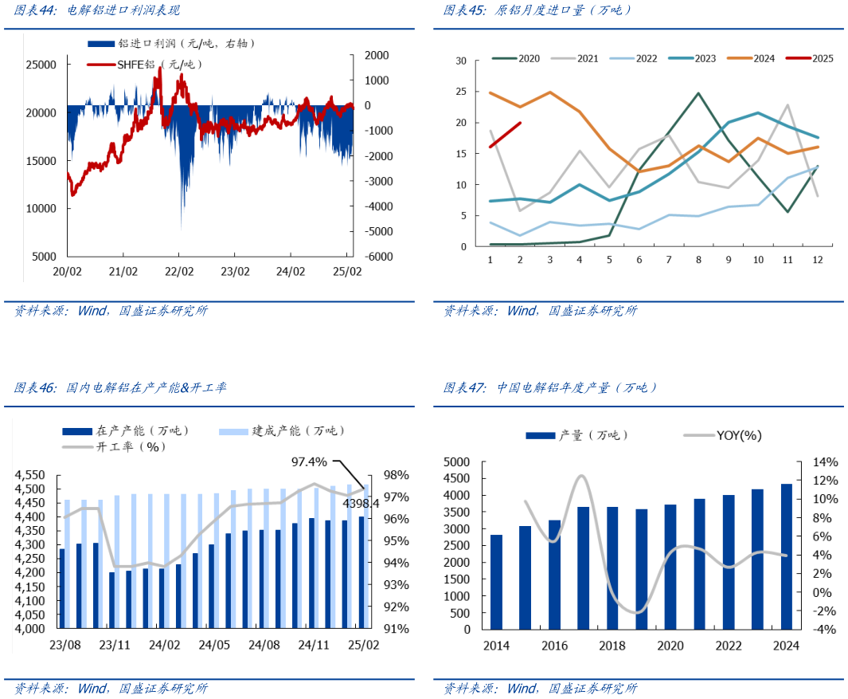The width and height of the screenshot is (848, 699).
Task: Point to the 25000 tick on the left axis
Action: [x=41, y=65]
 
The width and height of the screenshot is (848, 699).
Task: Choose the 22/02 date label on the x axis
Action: [x=179, y=272]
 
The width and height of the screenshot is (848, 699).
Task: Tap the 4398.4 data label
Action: [x=361, y=503]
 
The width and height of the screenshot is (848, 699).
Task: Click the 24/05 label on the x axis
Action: [x=214, y=644]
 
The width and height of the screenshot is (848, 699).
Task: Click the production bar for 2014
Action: [x=496, y=581]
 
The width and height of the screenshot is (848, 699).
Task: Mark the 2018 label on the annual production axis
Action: [x=612, y=646]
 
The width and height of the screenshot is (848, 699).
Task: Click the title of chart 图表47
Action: [x=550, y=388]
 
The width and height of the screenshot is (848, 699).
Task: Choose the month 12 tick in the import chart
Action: [x=817, y=260]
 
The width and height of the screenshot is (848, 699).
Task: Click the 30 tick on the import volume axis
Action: [x=461, y=61]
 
